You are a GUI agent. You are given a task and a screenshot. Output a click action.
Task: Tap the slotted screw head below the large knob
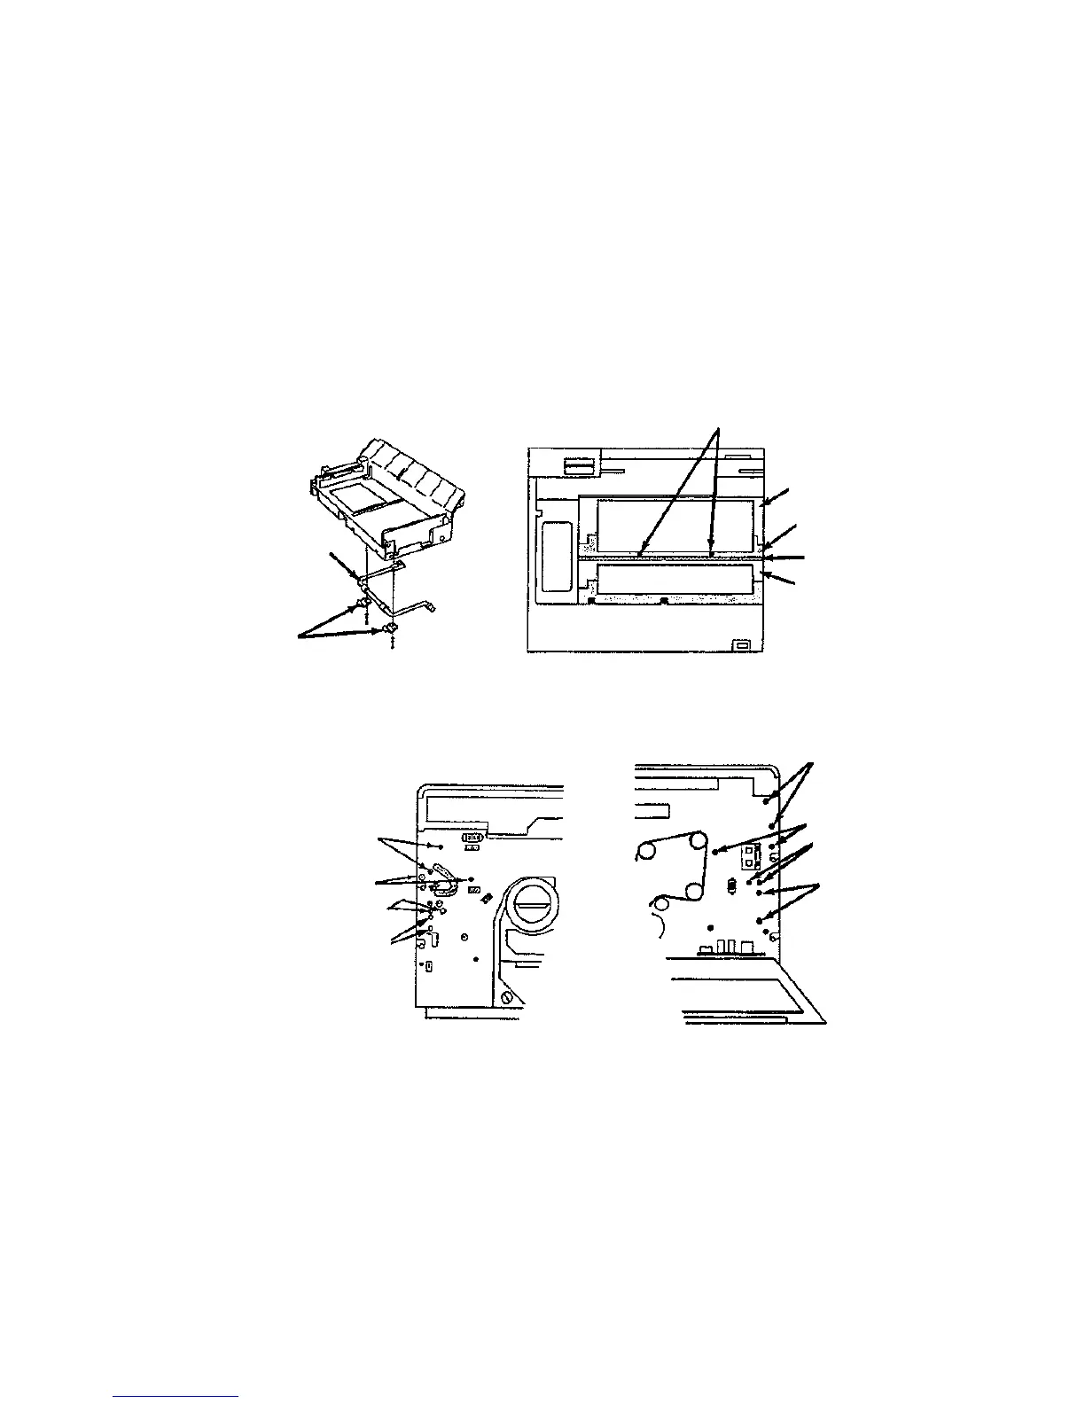tap(508, 997)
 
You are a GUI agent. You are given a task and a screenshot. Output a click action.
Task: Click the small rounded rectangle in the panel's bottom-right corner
tap(740, 643)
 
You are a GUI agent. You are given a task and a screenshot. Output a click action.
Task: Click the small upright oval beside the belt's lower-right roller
tap(731, 885)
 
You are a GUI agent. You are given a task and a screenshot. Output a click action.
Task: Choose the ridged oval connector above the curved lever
tap(472, 836)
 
